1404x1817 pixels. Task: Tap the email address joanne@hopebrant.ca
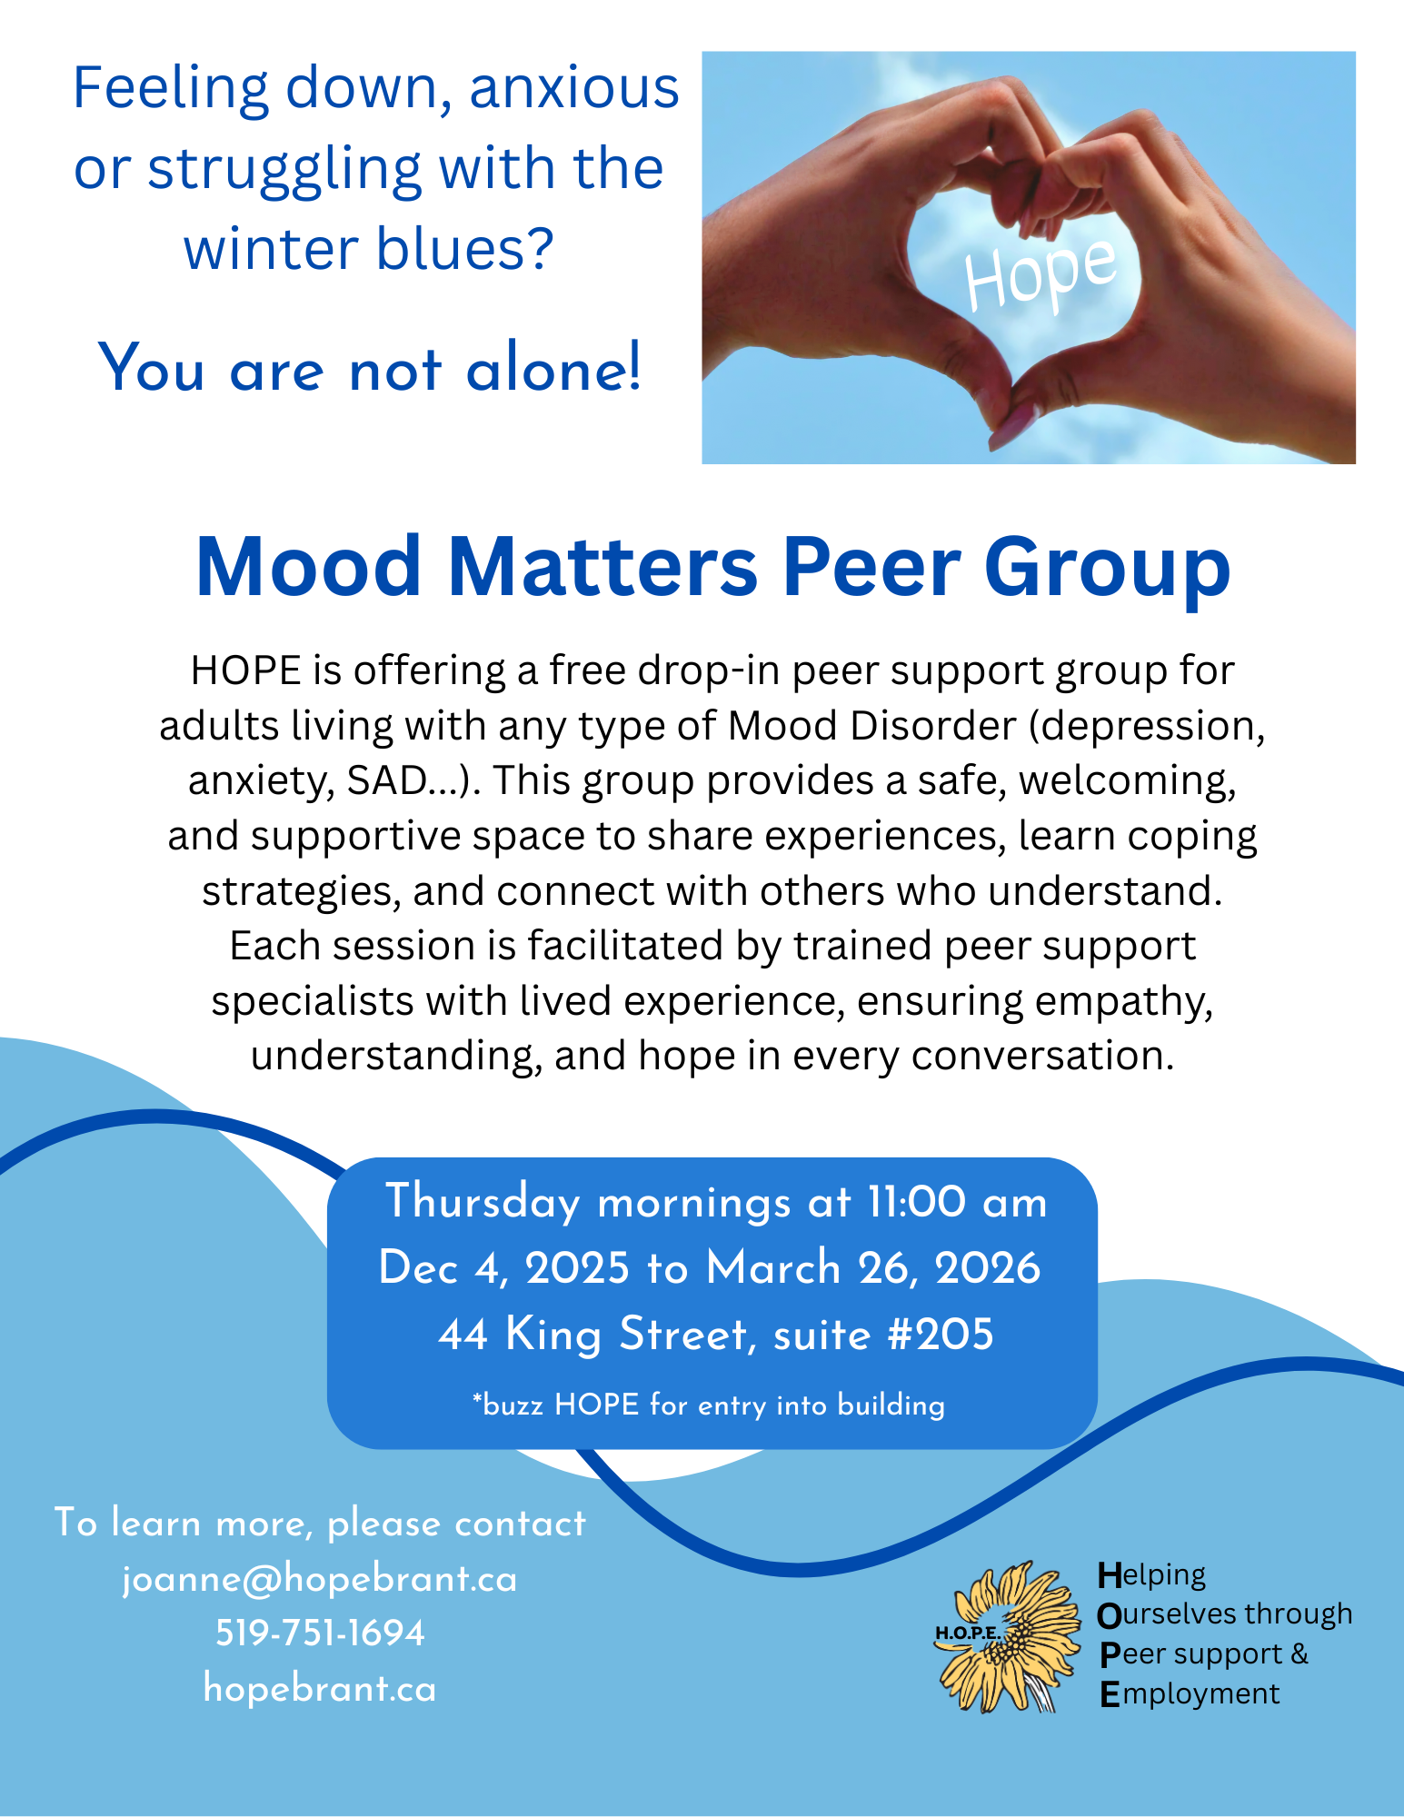pos(320,1579)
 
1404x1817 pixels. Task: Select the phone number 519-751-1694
pos(320,1633)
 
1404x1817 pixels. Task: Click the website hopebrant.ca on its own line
pos(320,1688)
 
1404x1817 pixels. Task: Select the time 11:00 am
pos(957,1202)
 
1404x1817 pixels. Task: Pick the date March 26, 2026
pos(873,1268)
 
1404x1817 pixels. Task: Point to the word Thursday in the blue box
pos(483,1203)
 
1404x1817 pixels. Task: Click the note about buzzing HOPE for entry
pos(709,1405)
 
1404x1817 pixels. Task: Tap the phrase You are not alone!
pos(370,368)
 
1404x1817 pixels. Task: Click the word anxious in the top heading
pos(574,88)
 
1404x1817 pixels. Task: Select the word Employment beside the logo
pos(1190,1693)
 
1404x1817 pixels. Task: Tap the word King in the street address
pos(553,1335)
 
